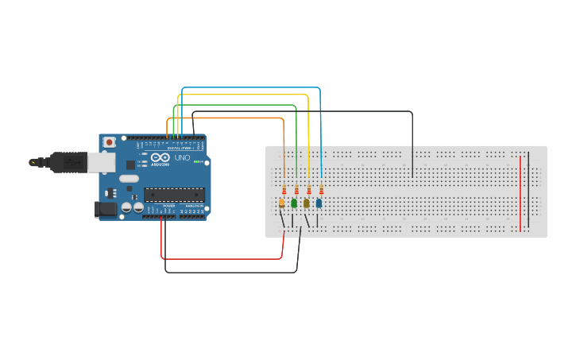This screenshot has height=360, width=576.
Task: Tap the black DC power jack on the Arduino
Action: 106,208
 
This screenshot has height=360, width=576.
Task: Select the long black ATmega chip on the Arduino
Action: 174,194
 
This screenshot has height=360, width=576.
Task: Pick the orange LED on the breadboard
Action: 282,203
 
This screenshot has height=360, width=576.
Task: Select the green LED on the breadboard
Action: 294,203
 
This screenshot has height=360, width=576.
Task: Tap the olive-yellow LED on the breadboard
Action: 307,203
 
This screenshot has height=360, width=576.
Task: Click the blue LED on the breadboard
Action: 319,203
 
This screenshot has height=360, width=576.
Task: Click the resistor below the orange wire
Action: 284,190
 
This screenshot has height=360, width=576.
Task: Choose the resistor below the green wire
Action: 296,190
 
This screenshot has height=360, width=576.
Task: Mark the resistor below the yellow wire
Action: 309,190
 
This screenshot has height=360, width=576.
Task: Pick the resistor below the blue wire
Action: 321,190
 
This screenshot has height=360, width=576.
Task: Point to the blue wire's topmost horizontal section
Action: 251,88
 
